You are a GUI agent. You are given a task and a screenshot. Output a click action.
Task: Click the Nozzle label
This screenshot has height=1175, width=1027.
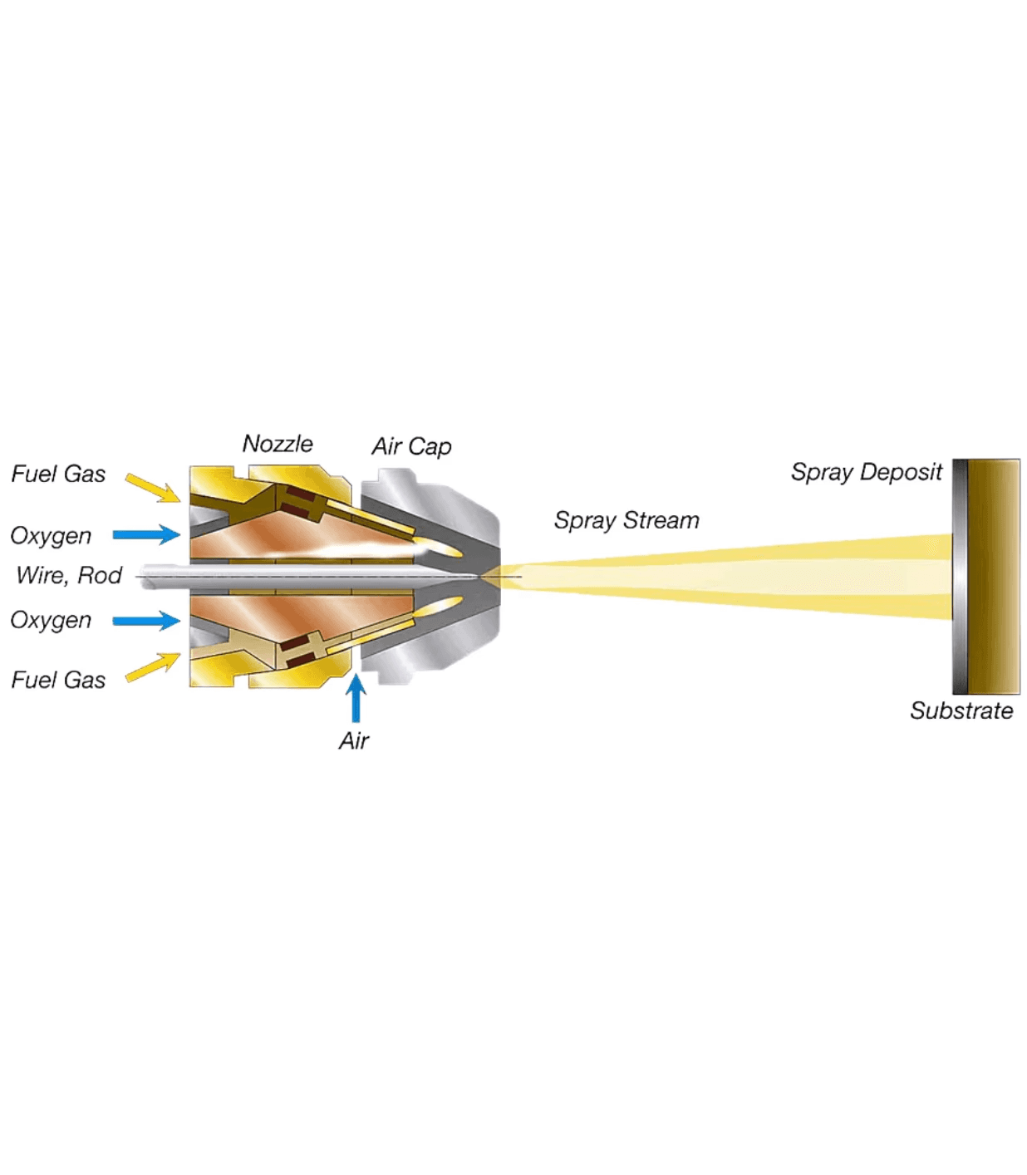click(278, 444)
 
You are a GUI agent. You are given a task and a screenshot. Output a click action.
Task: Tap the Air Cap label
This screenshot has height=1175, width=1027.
click(411, 447)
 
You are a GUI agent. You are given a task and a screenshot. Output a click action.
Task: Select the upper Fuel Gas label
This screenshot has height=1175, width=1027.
click(58, 474)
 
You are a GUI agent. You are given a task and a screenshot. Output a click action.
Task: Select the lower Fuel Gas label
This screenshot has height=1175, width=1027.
click(58, 680)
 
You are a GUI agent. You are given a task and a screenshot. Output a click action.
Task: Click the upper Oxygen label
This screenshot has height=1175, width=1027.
click(51, 536)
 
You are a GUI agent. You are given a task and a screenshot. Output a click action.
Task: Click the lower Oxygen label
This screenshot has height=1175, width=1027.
click(51, 621)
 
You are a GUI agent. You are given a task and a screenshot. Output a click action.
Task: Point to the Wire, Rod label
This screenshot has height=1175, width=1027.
click(69, 575)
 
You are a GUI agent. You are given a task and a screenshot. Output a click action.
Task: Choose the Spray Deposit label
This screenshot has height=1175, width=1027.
click(867, 473)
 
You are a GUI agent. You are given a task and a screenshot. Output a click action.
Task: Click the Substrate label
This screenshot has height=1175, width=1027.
click(961, 711)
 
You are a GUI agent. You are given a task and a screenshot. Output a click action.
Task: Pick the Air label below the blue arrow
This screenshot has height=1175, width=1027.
click(354, 741)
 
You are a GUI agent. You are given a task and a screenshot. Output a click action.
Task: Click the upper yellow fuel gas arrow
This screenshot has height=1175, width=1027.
click(153, 488)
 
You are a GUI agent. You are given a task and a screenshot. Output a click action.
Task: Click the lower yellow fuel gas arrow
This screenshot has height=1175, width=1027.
click(153, 666)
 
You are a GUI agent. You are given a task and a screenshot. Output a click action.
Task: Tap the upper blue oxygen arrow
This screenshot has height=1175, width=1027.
click(147, 534)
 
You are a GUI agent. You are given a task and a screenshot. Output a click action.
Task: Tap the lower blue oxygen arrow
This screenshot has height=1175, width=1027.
click(147, 621)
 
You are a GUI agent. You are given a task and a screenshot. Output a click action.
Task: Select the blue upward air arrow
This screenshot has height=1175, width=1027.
click(356, 698)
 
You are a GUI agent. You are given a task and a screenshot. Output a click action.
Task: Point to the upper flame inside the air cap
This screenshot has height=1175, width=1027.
click(440, 548)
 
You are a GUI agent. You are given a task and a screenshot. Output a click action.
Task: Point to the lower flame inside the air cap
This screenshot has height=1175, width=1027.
click(440, 607)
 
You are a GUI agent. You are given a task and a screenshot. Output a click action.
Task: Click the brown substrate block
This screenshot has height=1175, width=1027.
click(994, 576)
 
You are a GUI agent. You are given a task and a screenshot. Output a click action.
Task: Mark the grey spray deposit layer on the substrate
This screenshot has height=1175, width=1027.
click(960, 576)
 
